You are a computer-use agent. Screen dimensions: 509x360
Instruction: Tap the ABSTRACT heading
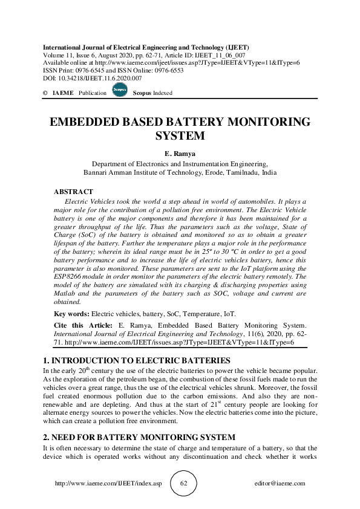pos(74,192)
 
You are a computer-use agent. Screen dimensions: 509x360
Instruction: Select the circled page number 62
pos(184,484)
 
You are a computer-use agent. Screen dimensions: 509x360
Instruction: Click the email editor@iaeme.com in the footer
pos(280,484)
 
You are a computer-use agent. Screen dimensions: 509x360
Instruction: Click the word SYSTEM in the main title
pos(180,136)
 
